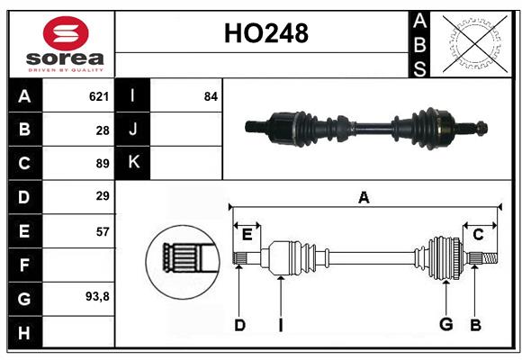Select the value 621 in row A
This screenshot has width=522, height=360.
[x=99, y=96]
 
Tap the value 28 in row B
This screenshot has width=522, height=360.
[x=102, y=130]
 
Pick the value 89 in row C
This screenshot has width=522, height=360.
[x=102, y=164]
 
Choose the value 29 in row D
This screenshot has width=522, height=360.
[x=102, y=196]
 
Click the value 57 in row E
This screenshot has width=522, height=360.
[x=102, y=231]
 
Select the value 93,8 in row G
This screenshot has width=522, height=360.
[x=97, y=297]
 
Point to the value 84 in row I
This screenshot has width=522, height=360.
[x=211, y=96]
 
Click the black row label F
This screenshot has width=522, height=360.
[x=24, y=265]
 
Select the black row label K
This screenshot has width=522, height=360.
[x=133, y=163]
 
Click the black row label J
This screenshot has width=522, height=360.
[x=133, y=130]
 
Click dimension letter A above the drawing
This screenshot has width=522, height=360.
[x=364, y=198]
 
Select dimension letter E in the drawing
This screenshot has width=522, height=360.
[x=247, y=235]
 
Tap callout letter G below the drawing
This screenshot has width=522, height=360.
[x=445, y=325]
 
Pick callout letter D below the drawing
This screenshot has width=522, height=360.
[x=239, y=325]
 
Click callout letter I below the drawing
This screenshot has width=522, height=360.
[x=280, y=325]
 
